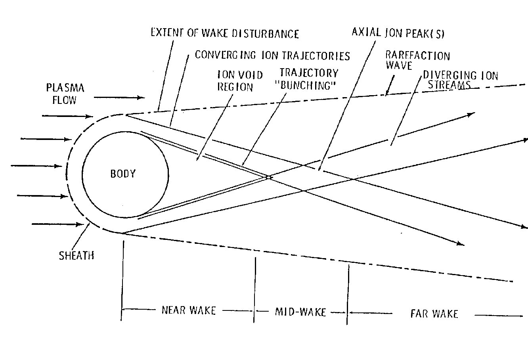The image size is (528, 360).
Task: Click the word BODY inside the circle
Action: [x=123, y=174]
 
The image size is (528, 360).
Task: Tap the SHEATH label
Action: [x=77, y=255]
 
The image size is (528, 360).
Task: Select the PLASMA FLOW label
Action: [x=65, y=94]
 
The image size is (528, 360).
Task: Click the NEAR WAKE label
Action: [x=189, y=310]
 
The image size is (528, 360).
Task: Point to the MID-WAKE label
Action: [x=300, y=312]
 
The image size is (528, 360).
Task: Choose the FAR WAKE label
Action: [x=434, y=314]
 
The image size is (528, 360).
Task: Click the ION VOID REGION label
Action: [x=235, y=80]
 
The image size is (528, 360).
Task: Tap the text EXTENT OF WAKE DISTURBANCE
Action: [x=225, y=33]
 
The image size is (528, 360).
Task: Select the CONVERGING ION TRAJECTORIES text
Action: [x=272, y=55]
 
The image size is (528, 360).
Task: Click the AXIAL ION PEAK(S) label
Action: [x=398, y=33]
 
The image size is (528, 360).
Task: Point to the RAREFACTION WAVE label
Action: [x=417, y=60]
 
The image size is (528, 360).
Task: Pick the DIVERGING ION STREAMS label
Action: [x=460, y=80]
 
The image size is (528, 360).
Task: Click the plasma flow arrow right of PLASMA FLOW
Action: [x=128, y=97]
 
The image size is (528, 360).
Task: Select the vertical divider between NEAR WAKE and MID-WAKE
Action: [x=254, y=289]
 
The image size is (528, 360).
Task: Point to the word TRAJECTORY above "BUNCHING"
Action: [x=309, y=73]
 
